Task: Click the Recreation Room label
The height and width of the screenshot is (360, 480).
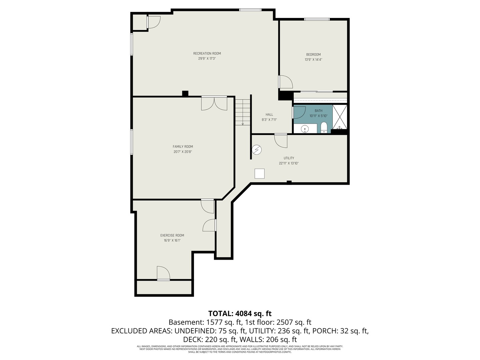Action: [207, 53]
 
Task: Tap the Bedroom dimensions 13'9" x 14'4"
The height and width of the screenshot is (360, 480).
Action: [313, 60]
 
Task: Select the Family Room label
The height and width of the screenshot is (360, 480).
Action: [183, 147]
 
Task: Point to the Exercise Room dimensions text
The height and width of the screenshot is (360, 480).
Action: [172, 240]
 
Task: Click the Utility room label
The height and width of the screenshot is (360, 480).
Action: [289, 158]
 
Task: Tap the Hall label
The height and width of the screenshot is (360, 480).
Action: [269, 115]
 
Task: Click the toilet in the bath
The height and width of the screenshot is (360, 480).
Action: [324, 128]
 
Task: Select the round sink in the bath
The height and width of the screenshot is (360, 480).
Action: [305, 128]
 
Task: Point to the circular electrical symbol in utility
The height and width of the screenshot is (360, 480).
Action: [256, 150]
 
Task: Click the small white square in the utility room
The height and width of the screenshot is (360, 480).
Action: [259, 174]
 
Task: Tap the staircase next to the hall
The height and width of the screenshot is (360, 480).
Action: [243, 112]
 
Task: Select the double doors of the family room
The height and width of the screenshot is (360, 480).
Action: [214, 103]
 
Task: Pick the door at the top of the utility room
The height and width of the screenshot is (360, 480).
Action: [281, 140]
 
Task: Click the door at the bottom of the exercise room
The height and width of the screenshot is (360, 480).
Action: [163, 273]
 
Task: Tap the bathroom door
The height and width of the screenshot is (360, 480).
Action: [299, 112]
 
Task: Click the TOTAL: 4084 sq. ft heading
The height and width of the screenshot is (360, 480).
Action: [240, 313]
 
